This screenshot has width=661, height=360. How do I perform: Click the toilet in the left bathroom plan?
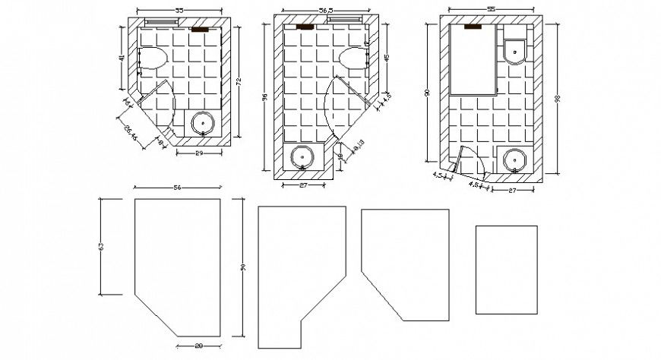(x=154, y=59)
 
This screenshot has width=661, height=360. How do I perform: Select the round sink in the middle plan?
(x=302, y=157)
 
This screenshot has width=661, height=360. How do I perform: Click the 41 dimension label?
(x=121, y=58)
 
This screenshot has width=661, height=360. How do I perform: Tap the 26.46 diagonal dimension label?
(x=130, y=134)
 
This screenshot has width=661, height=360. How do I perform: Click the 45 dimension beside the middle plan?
(x=387, y=58)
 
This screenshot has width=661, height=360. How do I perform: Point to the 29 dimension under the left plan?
(x=198, y=153)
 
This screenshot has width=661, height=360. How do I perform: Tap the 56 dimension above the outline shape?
(x=178, y=187)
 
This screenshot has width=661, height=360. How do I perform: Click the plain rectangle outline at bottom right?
(x=506, y=269)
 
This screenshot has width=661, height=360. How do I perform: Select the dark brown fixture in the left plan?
(x=200, y=30)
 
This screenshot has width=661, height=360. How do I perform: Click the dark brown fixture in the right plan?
(x=474, y=27)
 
